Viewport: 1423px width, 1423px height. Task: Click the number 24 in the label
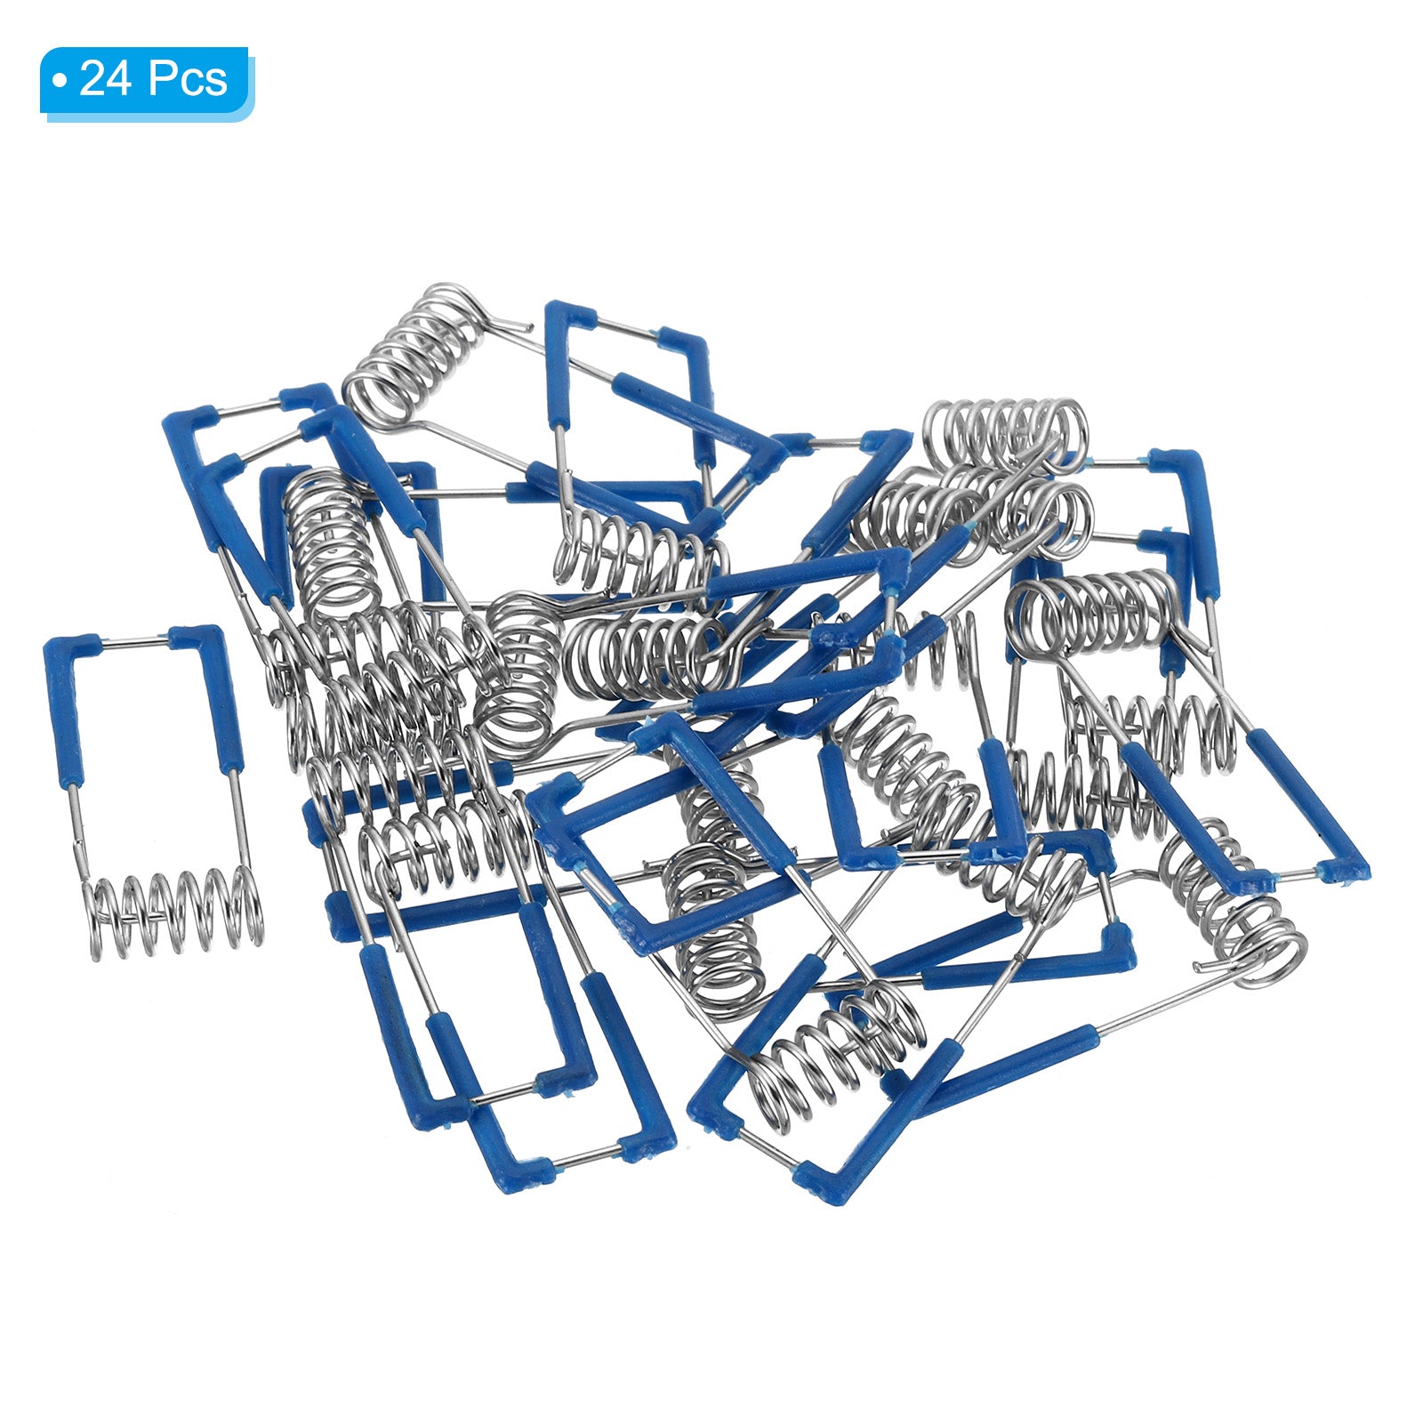tap(107, 80)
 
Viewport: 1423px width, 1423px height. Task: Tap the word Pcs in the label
tap(188, 80)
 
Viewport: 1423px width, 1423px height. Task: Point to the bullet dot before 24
tap(59, 82)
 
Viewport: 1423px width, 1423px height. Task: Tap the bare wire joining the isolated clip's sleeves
tap(133, 640)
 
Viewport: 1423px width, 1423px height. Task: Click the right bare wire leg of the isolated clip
tap(240, 823)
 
